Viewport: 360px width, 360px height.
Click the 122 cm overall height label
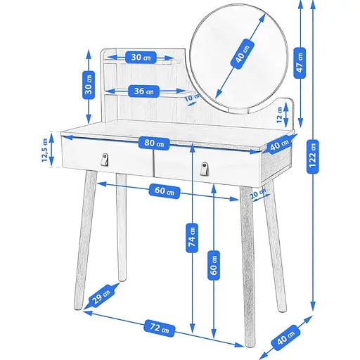(x=313, y=157)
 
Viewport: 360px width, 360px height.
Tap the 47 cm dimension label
(x=300, y=63)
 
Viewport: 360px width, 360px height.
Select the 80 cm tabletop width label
(x=154, y=143)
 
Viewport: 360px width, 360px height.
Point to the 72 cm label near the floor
(x=160, y=328)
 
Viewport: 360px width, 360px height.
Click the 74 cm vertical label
(x=192, y=238)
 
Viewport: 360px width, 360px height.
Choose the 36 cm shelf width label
(x=144, y=91)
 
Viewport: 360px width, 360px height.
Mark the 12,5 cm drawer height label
(x=44, y=150)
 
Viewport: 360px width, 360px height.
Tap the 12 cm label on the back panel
(x=279, y=115)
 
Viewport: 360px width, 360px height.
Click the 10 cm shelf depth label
(x=192, y=97)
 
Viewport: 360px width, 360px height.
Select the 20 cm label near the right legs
(x=258, y=193)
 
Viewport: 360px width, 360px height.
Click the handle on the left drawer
(x=105, y=160)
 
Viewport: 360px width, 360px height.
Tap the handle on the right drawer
(x=205, y=168)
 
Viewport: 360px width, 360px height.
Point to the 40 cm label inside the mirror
(x=243, y=54)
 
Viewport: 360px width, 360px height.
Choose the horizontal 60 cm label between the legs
(x=165, y=191)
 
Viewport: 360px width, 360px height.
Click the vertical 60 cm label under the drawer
(x=214, y=265)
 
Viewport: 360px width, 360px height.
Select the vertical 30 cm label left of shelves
(x=89, y=86)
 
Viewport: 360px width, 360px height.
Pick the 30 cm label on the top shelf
(x=141, y=57)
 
